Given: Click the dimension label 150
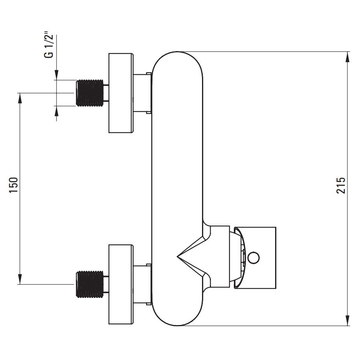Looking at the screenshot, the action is coord(13,185).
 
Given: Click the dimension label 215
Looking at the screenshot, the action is coord(341,185).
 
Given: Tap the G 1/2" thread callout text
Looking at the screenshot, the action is coord(49,46).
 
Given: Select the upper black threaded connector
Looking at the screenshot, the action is coord(90,93).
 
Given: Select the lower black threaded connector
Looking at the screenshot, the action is coord(90,284).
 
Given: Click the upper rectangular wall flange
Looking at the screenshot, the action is coord(121,93).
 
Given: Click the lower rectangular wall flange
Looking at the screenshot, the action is coord(121,284).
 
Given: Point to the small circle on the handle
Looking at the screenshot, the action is coord(254,257).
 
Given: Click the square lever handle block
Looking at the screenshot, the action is coord(255,257).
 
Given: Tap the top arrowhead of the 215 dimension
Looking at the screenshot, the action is coord(347,57).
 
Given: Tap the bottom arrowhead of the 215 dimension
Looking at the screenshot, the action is coord(347,321).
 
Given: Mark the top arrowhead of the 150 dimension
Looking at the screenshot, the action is coord(20,98).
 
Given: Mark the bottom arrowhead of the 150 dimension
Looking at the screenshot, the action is coord(20,279).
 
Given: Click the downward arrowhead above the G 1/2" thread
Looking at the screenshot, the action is coord(57,75).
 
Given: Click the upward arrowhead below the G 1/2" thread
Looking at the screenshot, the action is coord(57,111).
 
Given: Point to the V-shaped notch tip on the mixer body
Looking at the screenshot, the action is coord(177,257).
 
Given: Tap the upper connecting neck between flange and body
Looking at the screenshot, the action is coord(142,93).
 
